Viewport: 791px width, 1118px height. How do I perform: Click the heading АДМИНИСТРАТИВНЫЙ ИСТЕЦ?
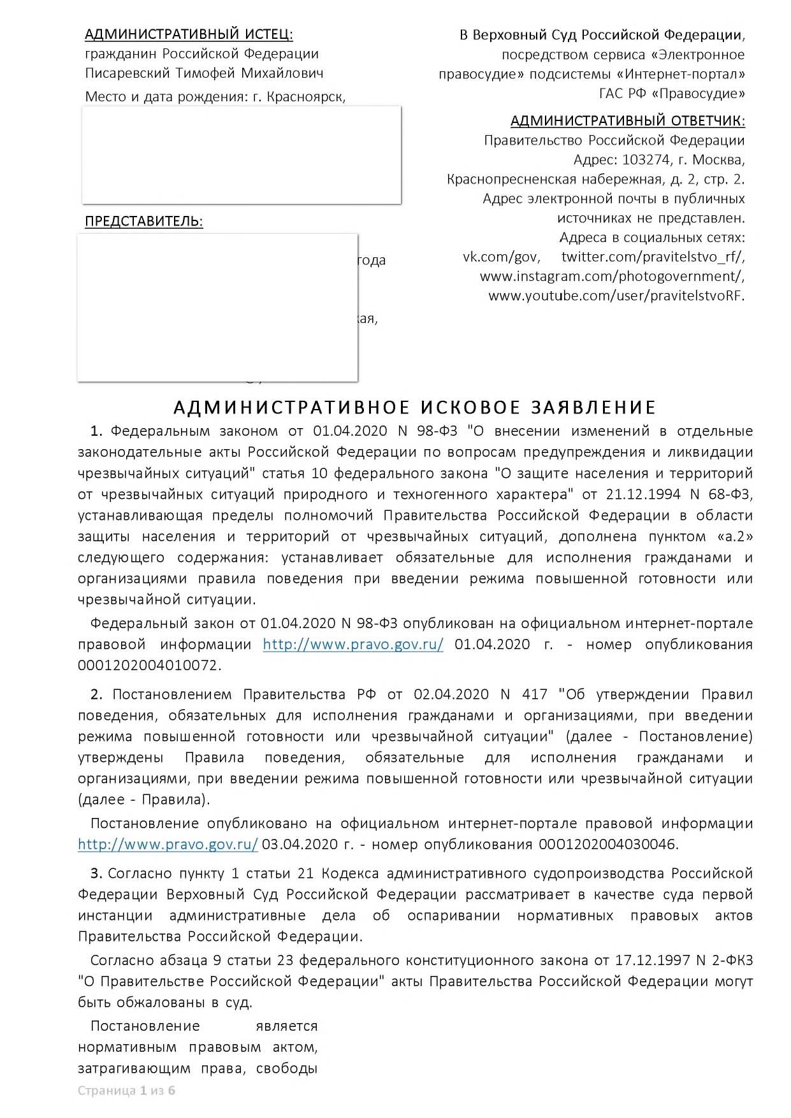click(189, 34)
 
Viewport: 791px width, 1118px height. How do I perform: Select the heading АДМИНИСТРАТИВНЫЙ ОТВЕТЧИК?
click(627, 120)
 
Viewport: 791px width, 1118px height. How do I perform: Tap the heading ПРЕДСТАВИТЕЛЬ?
click(144, 222)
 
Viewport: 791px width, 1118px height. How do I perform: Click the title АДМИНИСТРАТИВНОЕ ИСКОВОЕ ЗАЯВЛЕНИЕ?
click(415, 407)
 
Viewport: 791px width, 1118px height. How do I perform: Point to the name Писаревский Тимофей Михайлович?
click(204, 73)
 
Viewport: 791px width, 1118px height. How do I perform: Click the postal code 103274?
click(644, 159)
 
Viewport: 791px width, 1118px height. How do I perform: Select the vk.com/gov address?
click(501, 257)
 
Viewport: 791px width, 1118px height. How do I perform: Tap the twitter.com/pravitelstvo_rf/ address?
click(653, 257)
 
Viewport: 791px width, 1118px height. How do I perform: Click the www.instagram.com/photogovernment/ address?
click(612, 276)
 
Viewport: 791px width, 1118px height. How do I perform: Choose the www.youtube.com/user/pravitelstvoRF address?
click(616, 296)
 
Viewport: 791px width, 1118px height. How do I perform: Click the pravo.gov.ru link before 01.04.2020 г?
click(353, 644)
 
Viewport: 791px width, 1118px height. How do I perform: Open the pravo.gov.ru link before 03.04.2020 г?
click(168, 845)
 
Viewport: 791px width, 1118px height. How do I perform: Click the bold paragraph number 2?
click(96, 694)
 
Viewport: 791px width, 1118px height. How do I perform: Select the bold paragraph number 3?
click(96, 873)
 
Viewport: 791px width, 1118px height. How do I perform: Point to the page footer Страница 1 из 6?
click(126, 1090)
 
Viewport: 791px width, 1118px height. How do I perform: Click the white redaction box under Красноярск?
click(241, 155)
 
